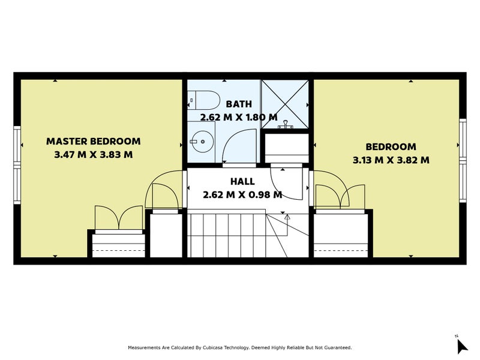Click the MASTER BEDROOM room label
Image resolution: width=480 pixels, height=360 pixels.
[x=94, y=142]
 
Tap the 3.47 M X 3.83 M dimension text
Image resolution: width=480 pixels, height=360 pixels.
[x=94, y=154]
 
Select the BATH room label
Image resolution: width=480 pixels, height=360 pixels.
[x=239, y=104]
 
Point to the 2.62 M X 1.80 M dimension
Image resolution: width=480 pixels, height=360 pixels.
[x=239, y=117]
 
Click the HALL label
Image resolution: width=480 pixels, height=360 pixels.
[x=242, y=181]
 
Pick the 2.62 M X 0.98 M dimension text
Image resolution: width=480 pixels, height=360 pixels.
[x=242, y=194]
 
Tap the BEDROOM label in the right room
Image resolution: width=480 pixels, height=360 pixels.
[x=391, y=146]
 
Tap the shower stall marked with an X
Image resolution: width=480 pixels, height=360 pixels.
[x=285, y=103]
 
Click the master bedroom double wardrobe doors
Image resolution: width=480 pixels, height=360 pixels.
[x=118, y=217]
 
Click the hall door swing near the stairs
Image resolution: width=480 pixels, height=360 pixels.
[x=286, y=183]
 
